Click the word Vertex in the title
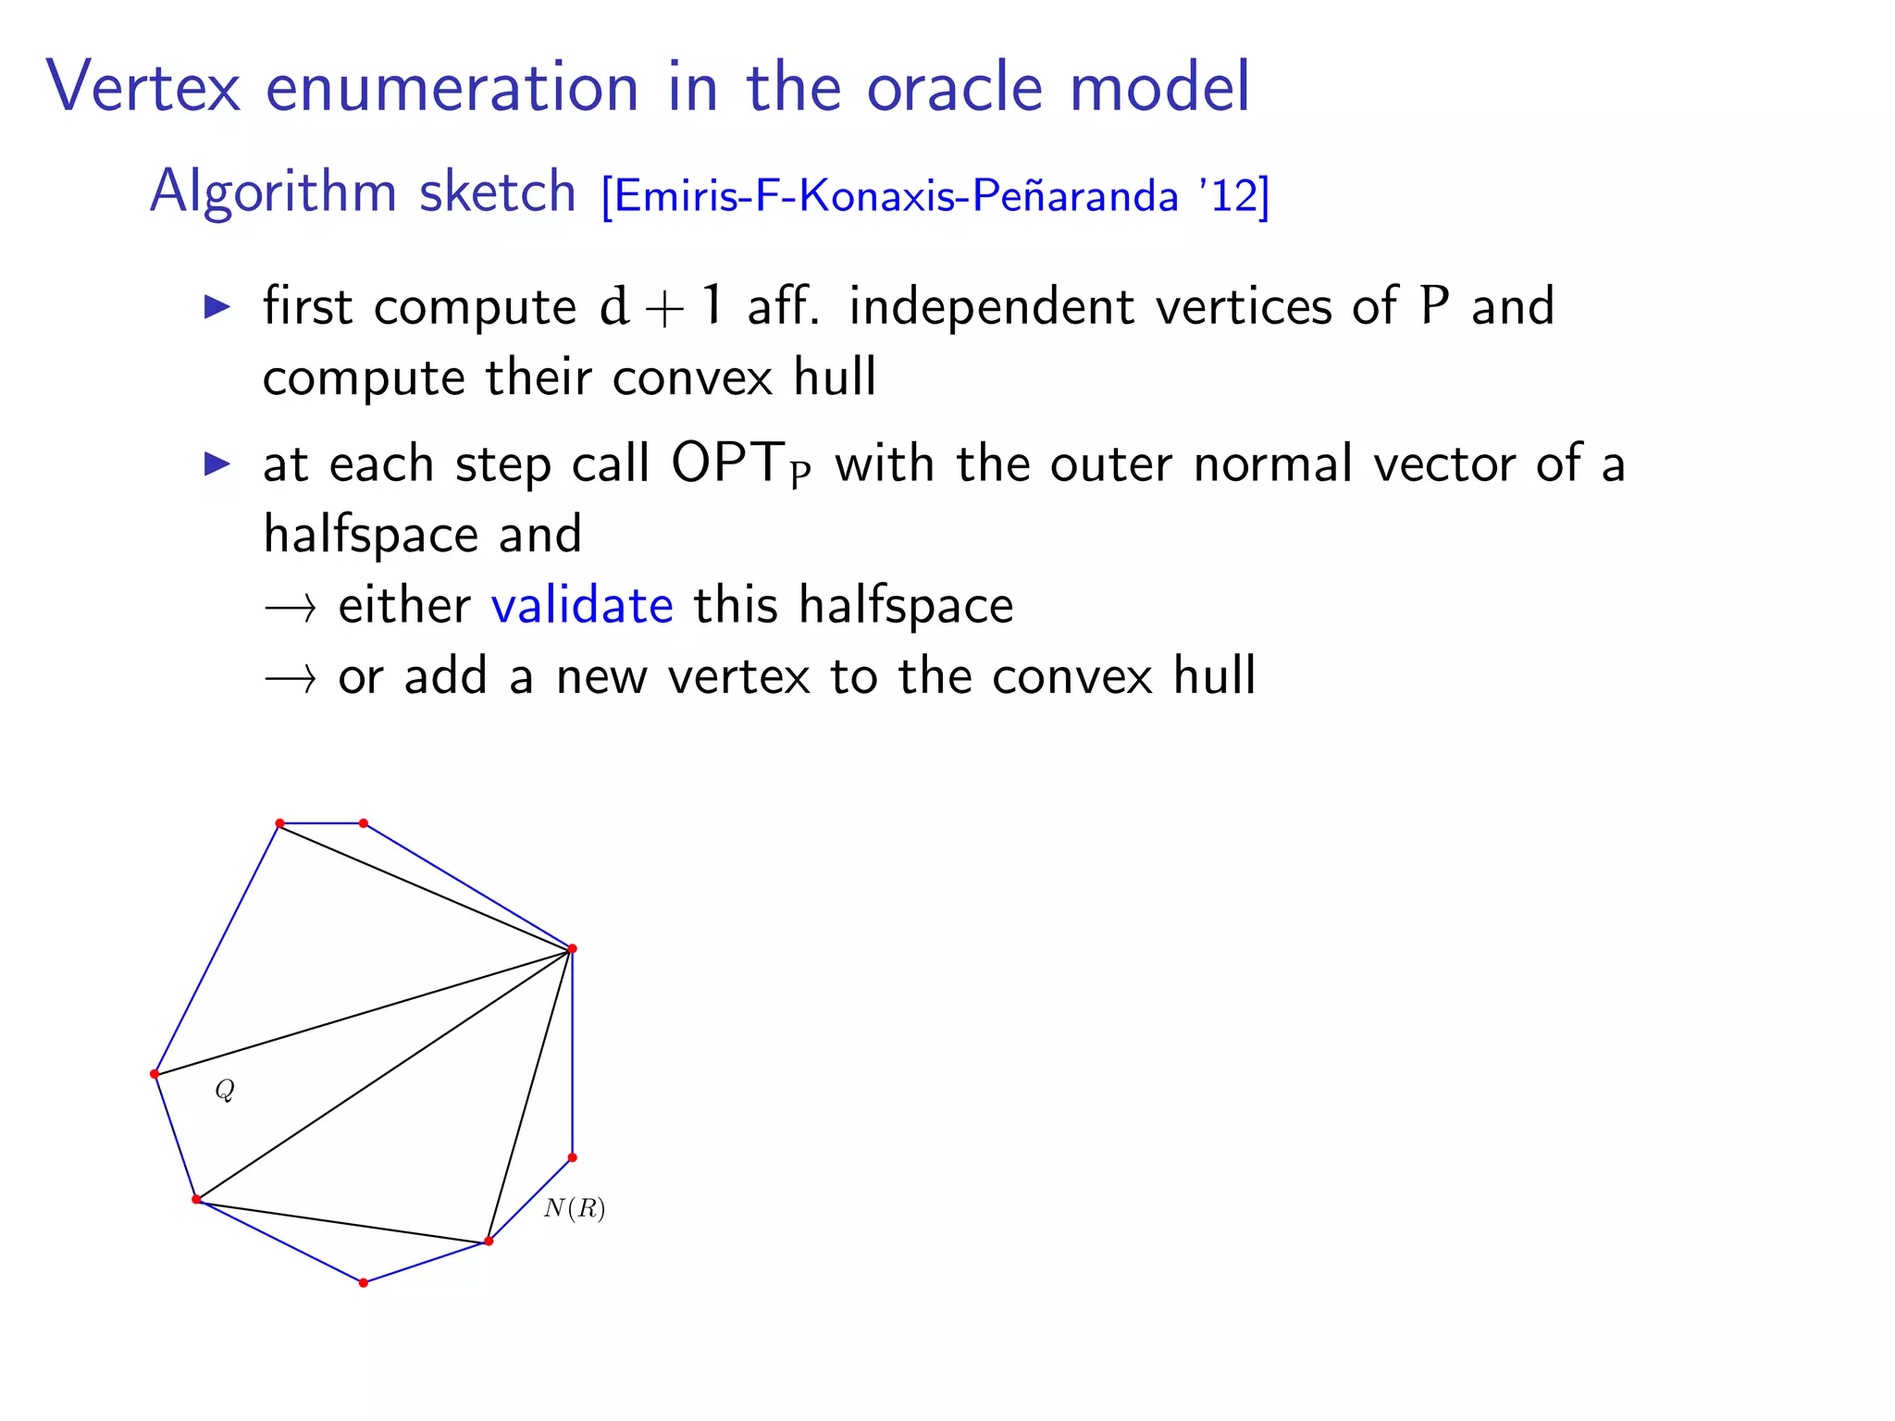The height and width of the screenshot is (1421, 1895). (143, 87)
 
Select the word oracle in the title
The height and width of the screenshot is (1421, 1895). (955, 87)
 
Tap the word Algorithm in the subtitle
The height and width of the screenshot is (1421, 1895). (272, 192)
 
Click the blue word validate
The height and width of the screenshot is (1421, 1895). (582, 606)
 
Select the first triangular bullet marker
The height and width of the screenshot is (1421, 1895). (217, 306)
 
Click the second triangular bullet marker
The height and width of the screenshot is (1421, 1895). (217, 463)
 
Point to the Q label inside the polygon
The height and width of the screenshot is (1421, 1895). (225, 1091)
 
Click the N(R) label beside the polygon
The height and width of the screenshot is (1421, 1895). (575, 1208)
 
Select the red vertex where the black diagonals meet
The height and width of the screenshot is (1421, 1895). (572, 949)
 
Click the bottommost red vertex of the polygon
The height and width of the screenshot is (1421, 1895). (364, 1283)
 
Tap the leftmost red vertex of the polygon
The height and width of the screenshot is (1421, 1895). (155, 1074)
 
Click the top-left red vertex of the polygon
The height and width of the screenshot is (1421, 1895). (279, 823)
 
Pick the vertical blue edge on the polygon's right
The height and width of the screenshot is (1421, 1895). (573, 1055)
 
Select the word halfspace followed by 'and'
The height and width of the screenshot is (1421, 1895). (370, 535)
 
